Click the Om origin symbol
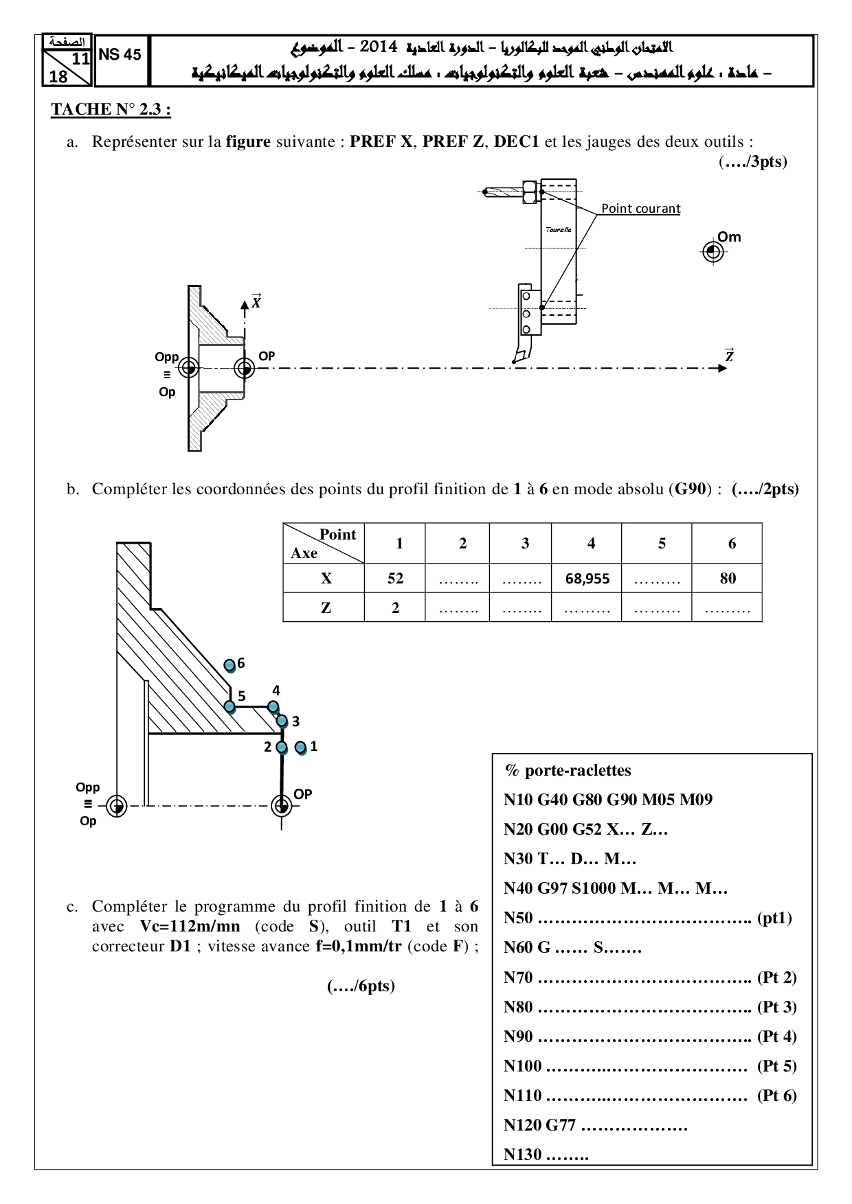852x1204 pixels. click(x=713, y=252)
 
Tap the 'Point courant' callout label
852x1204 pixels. click(x=640, y=209)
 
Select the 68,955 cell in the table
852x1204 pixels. click(x=587, y=579)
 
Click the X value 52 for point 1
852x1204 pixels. click(x=395, y=579)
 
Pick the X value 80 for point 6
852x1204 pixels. click(x=728, y=579)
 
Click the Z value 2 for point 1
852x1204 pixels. click(x=395, y=607)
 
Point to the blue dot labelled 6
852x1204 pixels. click(x=230, y=665)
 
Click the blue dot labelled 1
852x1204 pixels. click(x=300, y=748)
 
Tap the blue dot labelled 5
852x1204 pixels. click(x=230, y=706)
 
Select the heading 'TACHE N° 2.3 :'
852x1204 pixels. click(x=111, y=110)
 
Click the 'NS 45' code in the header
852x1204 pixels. click(x=120, y=55)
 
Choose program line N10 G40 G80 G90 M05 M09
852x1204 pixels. click(x=608, y=800)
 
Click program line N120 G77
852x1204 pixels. click(x=595, y=1125)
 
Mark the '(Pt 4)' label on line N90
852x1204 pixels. click(x=776, y=1037)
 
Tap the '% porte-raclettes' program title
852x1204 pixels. click(x=568, y=770)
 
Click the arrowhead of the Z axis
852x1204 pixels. click(x=722, y=369)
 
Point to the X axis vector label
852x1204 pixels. click(x=256, y=301)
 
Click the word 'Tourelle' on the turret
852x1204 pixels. click(x=559, y=229)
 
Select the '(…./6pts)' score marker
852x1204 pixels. click(x=361, y=986)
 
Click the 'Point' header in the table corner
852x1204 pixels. click(x=337, y=535)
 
